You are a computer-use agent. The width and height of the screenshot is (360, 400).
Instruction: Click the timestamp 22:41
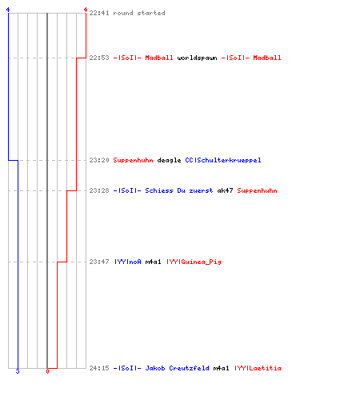[x=99, y=13]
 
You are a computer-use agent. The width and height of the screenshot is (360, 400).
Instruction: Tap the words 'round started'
[x=139, y=13]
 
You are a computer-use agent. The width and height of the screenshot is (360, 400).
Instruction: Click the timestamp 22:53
[x=99, y=58]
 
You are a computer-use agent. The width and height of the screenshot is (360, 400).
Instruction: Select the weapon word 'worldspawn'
[x=197, y=58]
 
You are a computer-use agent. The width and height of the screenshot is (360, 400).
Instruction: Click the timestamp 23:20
[x=99, y=160]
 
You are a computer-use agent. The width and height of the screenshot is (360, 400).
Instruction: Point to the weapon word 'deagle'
[x=169, y=160]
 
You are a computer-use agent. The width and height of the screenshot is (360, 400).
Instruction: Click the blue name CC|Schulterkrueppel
[x=223, y=160]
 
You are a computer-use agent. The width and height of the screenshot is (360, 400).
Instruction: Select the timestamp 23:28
[x=99, y=190]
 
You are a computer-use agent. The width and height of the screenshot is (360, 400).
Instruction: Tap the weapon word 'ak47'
[x=225, y=190]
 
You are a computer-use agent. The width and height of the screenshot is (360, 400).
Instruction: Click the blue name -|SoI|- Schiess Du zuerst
[x=163, y=190]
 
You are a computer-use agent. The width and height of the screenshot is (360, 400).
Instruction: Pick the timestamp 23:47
[x=99, y=262]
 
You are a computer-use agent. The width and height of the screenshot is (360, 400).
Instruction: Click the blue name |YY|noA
[x=127, y=262]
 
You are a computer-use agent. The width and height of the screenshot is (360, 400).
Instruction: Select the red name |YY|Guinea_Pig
[x=194, y=262]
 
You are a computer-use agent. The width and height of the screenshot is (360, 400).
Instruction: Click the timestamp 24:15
[x=99, y=368]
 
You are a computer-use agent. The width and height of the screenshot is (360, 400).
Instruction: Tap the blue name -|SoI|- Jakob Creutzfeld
[x=161, y=368]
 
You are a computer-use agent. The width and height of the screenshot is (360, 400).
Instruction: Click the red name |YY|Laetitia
[x=258, y=368]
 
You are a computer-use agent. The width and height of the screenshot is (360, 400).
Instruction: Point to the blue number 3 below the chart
[x=18, y=371]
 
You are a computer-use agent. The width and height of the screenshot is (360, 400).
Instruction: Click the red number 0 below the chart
[x=47, y=371]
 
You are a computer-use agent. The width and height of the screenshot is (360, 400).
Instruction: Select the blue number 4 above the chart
[x=8, y=10]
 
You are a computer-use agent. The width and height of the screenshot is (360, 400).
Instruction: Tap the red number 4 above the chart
[x=86, y=10]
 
